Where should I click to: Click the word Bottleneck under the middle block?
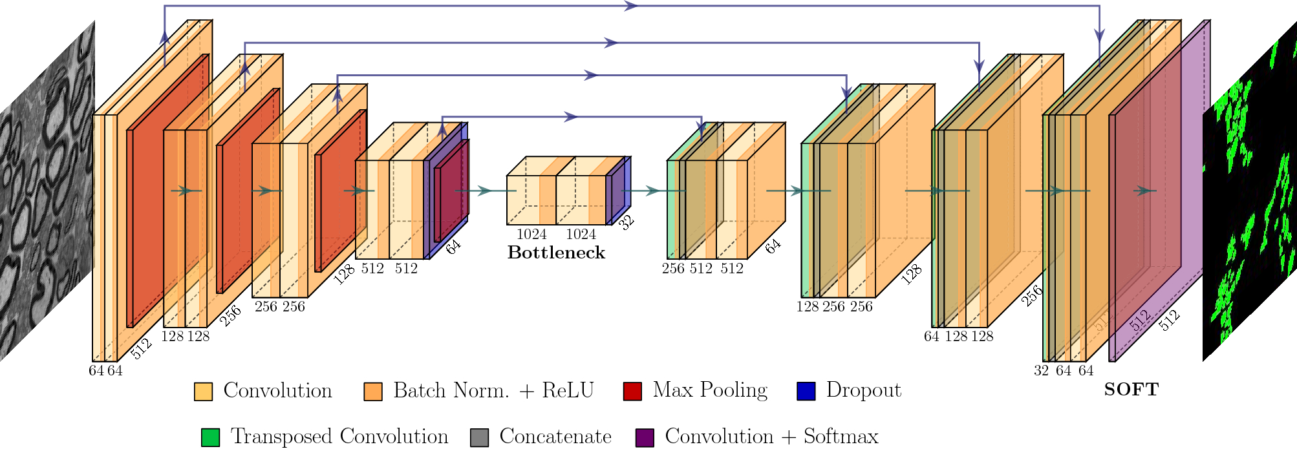(556, 253)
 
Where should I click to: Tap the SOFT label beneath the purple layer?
(1131, 390)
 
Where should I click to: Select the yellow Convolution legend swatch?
(203, 392)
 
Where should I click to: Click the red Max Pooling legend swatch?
(632, 392)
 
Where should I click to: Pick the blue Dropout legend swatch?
(806, 392)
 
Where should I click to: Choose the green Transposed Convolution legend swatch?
(210, 437)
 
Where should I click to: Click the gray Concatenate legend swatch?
(479, 437)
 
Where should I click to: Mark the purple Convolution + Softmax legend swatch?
(645, 437)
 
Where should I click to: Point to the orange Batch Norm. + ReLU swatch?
(373, 392)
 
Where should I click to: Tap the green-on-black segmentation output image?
(1249, 194)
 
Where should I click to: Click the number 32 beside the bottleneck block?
(626, 223)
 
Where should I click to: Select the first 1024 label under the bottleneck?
(531, 235)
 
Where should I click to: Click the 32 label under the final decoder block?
(1041, 371)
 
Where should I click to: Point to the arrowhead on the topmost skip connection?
(630, 6)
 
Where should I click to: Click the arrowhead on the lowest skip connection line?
(570, 117)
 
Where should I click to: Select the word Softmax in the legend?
(841, 437)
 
